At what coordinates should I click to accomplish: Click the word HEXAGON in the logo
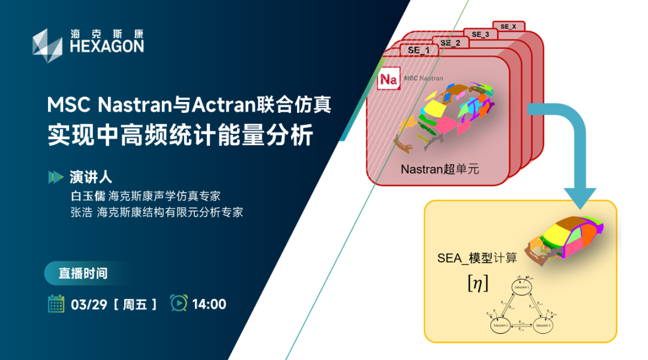pyautogui.click(x=107, y=47)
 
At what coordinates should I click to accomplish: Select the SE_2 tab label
pyautogui.click(x=450, y=43)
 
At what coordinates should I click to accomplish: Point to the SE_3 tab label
pyautogui.click(x=481, y=34)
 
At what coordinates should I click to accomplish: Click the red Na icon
pyautogui.click(x=389, y=79)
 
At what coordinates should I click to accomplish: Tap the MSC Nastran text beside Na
pyautogui.click(x=424, y=78)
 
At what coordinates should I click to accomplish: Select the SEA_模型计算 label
pyautogui.click(x=477, y=259)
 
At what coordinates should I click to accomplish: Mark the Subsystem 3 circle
pyautogui.click(x=544, y=326)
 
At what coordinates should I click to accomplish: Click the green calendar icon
pyautogui.click(x=56, y=304)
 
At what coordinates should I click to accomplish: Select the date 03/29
pyautogui.click(x=89, y=304)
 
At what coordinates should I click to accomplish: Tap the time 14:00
pyautogui.click(x=209, y=304)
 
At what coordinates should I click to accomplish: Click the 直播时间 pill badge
pyautogui.click(x=83, y=273)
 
